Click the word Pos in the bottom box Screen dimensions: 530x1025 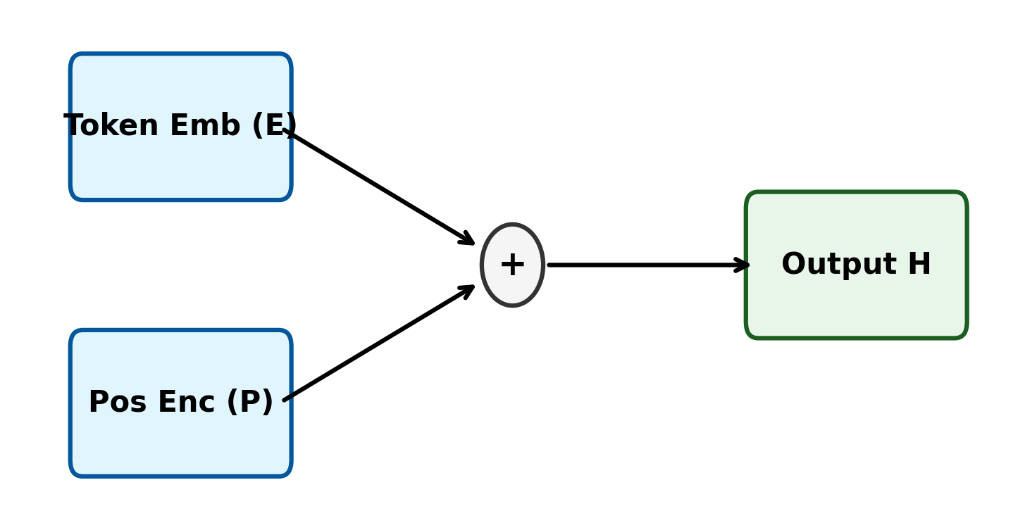point(117,403)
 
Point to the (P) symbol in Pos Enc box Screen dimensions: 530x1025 point(249,403)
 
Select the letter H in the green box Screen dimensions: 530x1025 point(919,265)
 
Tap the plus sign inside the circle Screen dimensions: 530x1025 point(512,265)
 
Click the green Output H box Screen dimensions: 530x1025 point(856,310)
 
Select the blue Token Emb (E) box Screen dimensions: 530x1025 point(180,169)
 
